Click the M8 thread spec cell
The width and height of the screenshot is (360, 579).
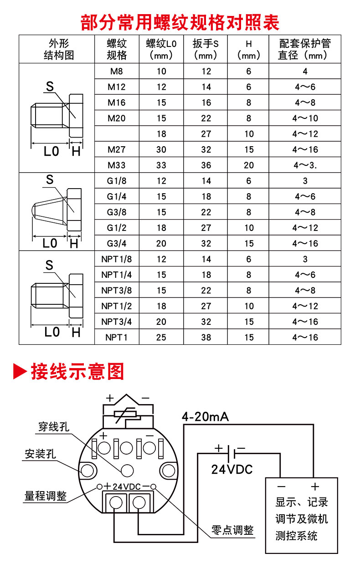click(x=116, y=71)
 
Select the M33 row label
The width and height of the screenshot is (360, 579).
click(x=116, y=165)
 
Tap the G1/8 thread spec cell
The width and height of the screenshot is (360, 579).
click(x=116, y=181)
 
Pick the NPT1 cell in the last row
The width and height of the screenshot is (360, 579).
click(x=116, y=338)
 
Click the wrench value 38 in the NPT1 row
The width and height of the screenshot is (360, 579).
click(x=206, y=338)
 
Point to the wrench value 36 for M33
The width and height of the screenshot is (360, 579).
click(x=206, y=165)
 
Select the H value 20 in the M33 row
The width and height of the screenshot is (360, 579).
click(x=249, y=165)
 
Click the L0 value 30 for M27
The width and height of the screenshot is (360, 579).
click(x=161, y=149)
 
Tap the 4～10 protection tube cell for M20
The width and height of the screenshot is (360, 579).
click(x=305, y=118)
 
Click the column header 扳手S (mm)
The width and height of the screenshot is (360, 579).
click(x=206, y=49)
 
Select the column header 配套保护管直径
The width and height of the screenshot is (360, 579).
click(x=304, y=49)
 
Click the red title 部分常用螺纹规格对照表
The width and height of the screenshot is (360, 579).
click(x=180, y=22)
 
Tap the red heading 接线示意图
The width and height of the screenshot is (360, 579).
click(x=77, y=371)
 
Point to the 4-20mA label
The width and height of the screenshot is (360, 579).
click(x=205, y=416)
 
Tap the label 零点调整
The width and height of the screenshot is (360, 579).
click(x=232, y=530)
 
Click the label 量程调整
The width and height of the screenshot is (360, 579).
click(x=46, y=496)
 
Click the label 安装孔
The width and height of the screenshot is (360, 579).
click(x=40, y=454)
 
